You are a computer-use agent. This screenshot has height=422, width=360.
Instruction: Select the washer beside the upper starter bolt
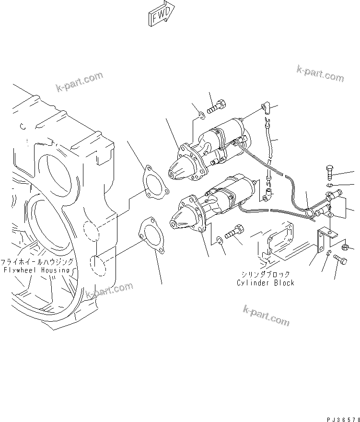coord(201,115)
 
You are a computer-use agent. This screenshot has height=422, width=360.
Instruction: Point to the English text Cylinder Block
coord(266,283)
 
